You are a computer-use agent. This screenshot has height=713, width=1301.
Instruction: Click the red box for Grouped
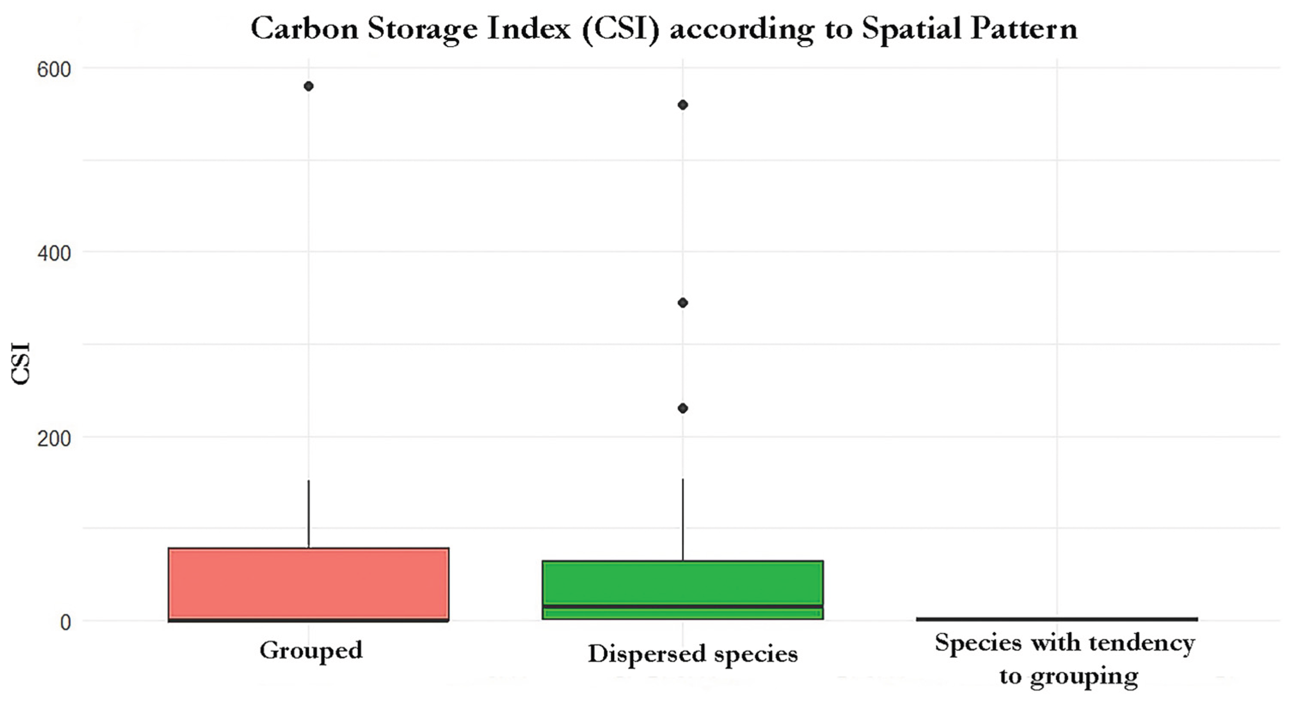pos(309,585)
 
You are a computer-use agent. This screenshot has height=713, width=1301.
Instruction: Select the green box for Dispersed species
pos(683,589)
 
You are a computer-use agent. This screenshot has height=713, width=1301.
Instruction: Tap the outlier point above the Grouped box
pos(309,86)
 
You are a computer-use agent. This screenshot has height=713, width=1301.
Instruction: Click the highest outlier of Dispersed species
pos(683,105)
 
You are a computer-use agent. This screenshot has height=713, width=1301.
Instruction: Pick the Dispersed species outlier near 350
pos(683,303)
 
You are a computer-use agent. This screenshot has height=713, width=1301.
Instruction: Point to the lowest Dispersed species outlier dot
pos(683,408)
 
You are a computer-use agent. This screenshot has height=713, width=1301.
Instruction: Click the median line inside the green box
pos(683,606)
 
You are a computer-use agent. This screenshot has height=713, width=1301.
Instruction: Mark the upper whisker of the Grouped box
pos(309,514)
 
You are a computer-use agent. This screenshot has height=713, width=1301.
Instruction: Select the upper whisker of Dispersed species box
pos(683,519)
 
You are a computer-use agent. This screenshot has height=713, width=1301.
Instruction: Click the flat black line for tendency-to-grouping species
pos(1057,619)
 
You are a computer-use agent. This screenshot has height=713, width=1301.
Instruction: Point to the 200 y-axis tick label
pos(54,438)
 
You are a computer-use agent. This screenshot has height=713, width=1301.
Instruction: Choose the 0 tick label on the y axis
pos(65,622)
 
